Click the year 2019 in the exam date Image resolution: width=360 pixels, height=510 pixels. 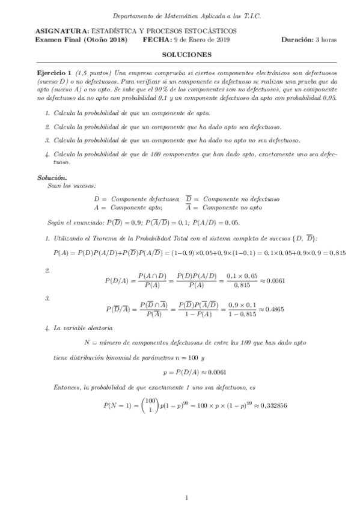(224, 40)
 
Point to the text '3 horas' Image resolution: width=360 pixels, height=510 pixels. (326, 40)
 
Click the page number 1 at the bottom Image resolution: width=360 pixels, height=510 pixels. (187, 497)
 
